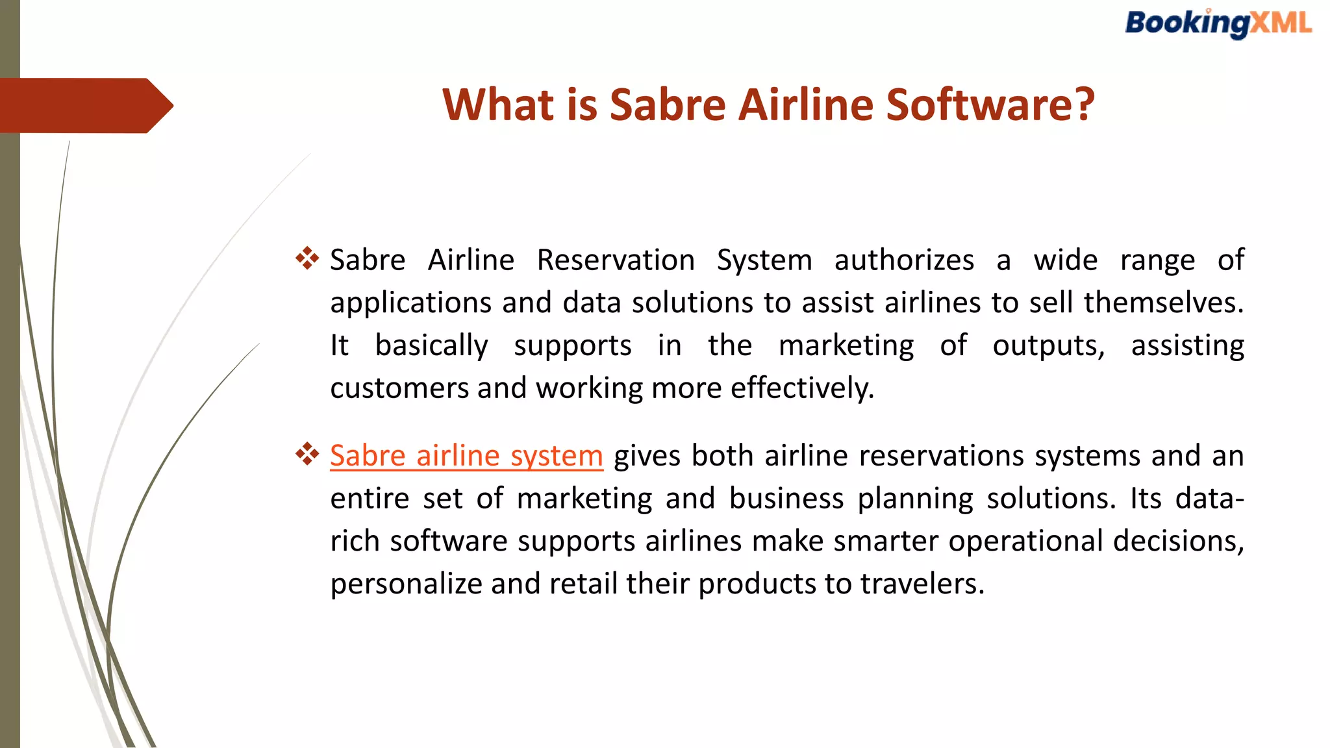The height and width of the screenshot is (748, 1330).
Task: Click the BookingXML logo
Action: click(x=1218, y=24)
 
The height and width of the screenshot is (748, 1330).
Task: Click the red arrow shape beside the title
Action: click(x=84, y=106)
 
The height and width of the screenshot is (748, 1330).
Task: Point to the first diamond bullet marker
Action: click(x=307, y=258)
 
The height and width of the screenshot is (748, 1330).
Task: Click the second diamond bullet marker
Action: click(x=307, y=454)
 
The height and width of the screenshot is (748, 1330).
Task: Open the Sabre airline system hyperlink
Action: click(x=466, y=455)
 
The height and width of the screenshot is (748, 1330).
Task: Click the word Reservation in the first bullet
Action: click(x=616, y=260)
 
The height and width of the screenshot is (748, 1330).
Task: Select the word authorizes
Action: click(x=904, y=260)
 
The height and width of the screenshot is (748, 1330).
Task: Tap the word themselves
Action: click(x=1163, y=303)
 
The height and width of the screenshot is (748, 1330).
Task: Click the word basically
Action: click(x=431, y=345)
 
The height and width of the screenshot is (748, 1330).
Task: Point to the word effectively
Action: click(x=802, y=388)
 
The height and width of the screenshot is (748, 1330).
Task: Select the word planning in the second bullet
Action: click(x=916, y=499)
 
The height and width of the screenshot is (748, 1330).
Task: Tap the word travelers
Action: click(x=922, y=584)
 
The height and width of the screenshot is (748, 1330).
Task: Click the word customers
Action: click(x=399, y=388)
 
